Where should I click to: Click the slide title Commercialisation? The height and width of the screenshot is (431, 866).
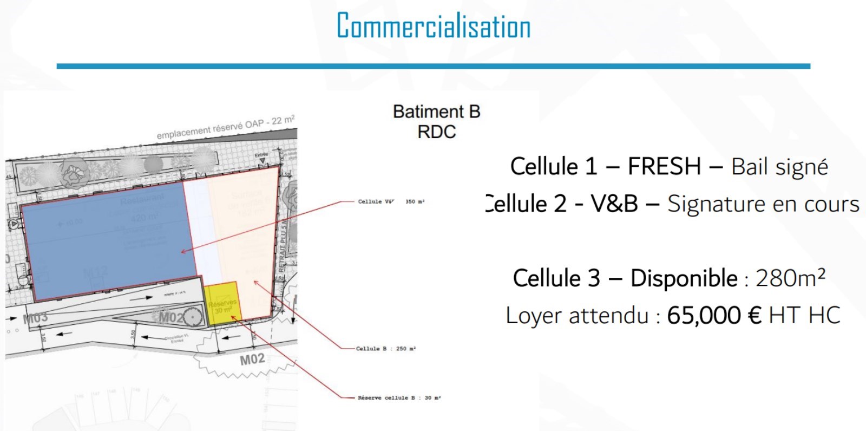tap(434, 26)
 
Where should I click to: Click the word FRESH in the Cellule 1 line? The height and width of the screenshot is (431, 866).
tap(664, 167)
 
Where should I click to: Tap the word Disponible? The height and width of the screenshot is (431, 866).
tap(684, 278)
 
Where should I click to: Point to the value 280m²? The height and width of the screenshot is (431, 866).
tap(790, 278)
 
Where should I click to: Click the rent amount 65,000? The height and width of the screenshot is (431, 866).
tap(704, 315)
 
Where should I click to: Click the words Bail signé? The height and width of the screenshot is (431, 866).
tap(779, 167)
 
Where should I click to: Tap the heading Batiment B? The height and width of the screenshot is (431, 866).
tap(436, 112)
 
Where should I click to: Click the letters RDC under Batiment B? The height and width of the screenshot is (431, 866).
tap(436, 132)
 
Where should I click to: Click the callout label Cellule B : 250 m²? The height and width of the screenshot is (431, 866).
tap(386, 349)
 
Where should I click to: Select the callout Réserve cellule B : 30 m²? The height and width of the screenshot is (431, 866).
tap(399, 398)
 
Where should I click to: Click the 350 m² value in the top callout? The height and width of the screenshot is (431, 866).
tap(415, 202)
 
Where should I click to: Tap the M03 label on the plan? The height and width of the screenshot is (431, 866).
tap(36, 318)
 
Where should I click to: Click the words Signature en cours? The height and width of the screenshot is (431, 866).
tap(763, 204)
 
